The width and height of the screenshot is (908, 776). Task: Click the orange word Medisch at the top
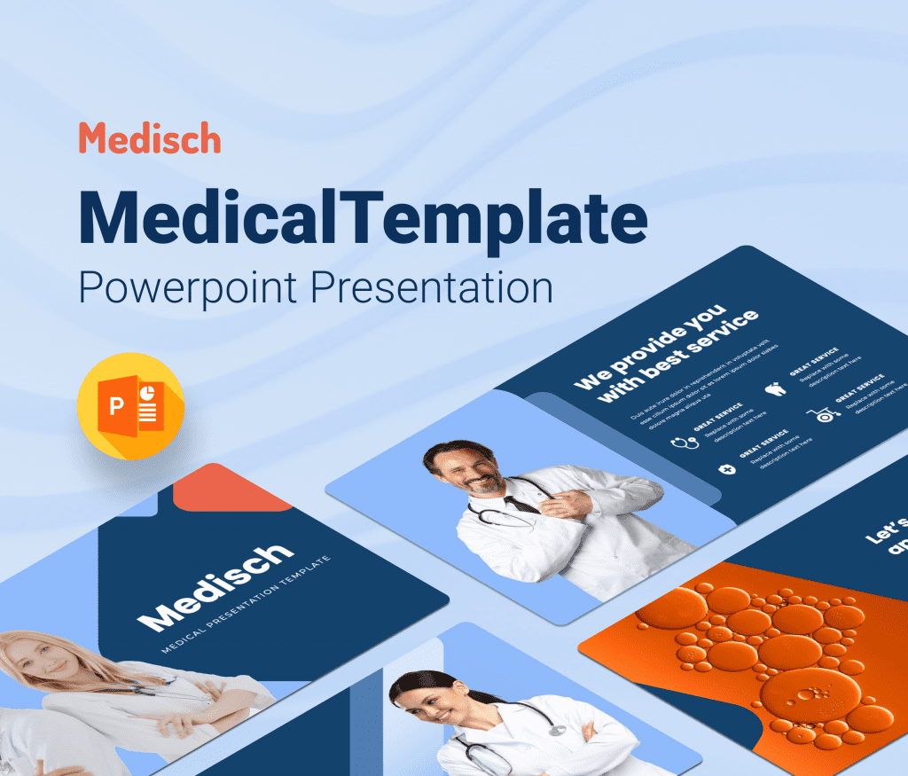pos(149,138)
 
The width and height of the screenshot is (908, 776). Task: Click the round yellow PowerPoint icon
pos(130,405)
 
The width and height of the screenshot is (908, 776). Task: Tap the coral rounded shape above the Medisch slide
pos(232,493)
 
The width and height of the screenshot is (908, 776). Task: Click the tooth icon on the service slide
pos(774,388)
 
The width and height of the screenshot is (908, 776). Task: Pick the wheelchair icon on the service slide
pos(822,414)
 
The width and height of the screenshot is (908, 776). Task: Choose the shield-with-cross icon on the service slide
pos(728,467)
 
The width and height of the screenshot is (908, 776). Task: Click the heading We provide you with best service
pos(665,354)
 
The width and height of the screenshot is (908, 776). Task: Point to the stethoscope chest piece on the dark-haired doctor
pos(557,729)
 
